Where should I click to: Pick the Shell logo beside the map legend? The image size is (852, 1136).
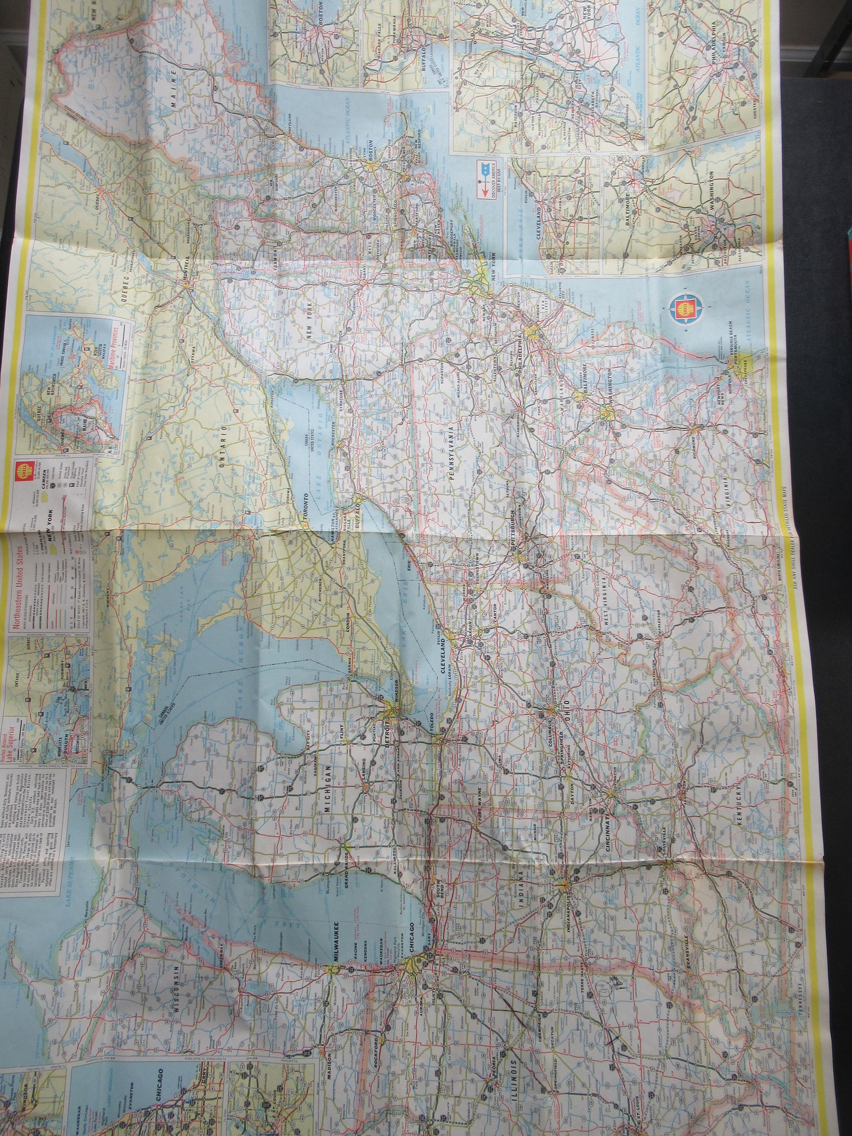tap(22, 467)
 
